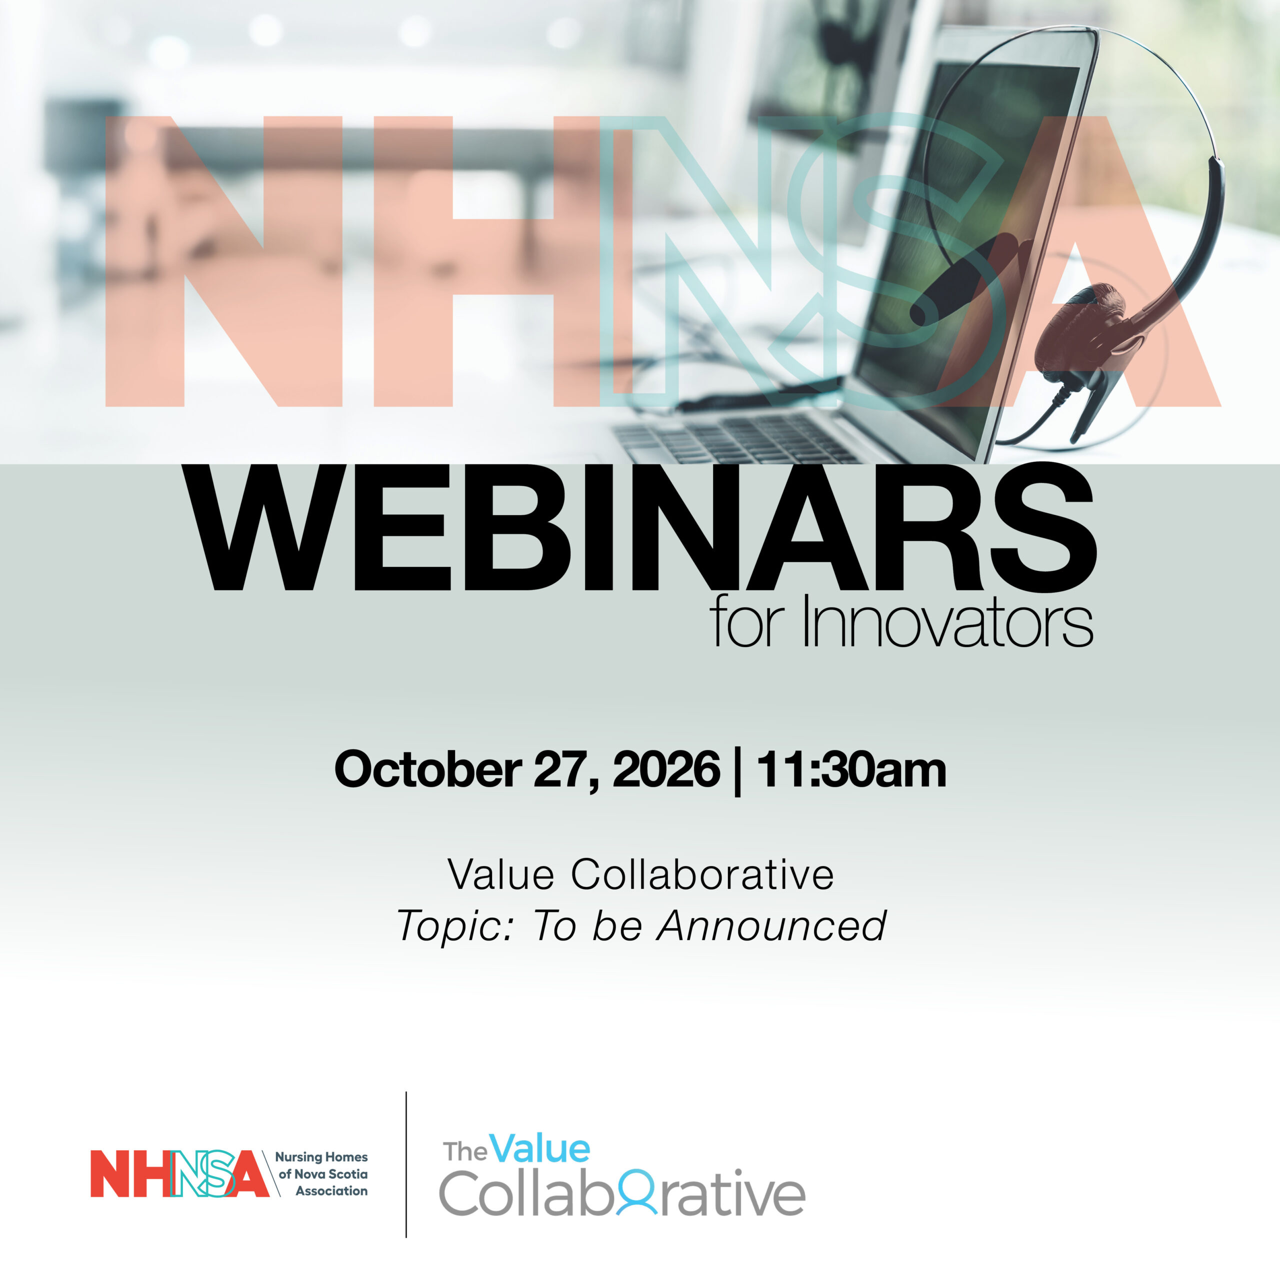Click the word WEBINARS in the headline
tap(640, 527)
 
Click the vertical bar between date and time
tap(738, 772)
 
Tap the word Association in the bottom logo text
tap(331, 1190)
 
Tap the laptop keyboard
tap(735, 438)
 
